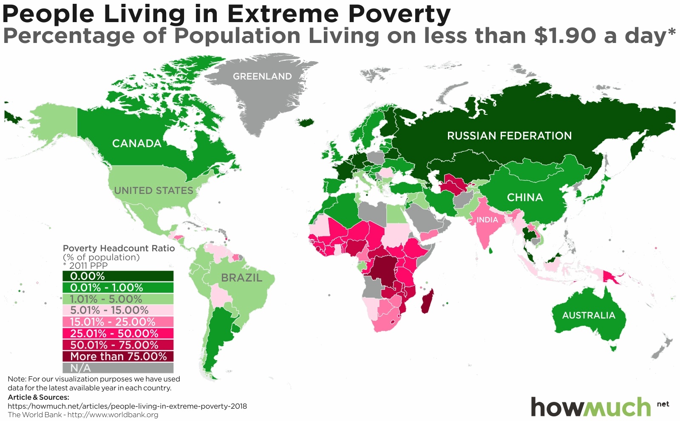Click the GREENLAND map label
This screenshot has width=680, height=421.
[x=262, y=77]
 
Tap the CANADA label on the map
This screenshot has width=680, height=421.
[x=136, y=143]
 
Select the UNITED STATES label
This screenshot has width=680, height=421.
[x=153, y=191]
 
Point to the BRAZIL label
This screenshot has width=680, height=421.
[x=241, y=278]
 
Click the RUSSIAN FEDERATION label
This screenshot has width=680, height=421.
[x=509, y=136]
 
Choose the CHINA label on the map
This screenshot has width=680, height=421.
[x=525, y=197]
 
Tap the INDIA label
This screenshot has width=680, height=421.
[x=487, y=220]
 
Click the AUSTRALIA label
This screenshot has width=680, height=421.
[x=589, y=315]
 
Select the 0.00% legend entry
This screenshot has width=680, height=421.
[x=118, y=276]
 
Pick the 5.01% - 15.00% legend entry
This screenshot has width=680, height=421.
[x=118, y=310]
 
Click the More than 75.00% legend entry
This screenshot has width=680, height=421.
[x=118, y=356]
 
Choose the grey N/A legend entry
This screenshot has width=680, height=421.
[x=118, y=368]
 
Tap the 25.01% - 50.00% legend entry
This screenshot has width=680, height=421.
[x=118, y=333]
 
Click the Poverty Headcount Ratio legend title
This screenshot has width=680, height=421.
[x=119, y=248]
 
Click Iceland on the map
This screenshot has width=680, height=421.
[x=306, y=122]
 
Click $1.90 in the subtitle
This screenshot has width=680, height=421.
[x=565, y=36]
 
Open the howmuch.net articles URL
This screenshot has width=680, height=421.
[x=127, y=406]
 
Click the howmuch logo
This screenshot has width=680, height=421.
[x=591, y=407]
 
